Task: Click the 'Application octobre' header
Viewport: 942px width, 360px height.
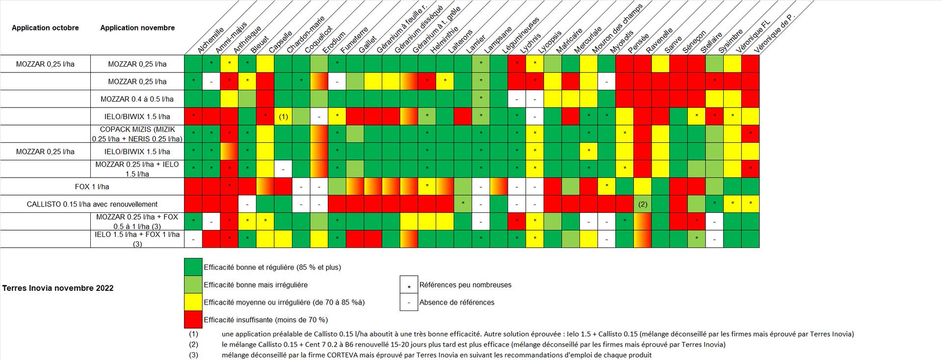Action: (45, 28)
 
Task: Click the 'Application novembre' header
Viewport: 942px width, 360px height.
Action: (137, 28)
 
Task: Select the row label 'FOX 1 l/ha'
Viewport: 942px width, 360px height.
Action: (92, 187)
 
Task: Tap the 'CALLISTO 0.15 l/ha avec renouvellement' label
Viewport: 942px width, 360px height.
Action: (92, 204)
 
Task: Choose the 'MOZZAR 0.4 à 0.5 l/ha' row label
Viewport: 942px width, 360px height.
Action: (137, 99)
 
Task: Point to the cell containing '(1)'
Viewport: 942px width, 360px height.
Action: (283, 117)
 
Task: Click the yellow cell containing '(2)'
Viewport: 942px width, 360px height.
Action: (643, 204)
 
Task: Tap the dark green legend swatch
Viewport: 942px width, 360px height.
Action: (193, 267)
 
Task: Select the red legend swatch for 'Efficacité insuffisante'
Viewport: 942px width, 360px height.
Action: (193, 320)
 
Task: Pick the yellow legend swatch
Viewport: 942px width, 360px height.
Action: (193, 302)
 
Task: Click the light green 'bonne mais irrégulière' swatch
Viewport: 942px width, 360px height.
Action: (193, 284)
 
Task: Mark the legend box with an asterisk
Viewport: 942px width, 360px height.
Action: (409, 285)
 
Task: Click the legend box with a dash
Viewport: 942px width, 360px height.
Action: (409, 302)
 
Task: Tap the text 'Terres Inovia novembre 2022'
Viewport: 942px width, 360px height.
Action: (58, 288)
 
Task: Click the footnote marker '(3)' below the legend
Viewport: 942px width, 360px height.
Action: (194, 355)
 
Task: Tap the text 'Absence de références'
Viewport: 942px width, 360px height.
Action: (457, 302)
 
